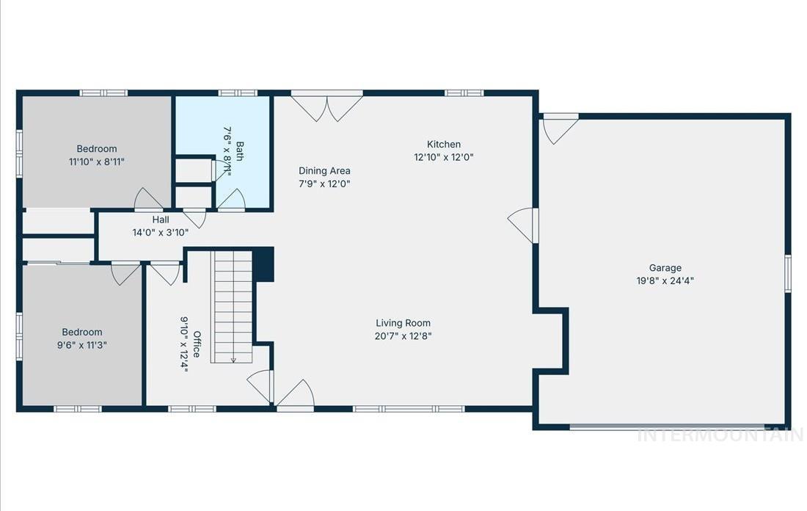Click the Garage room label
tap(665, 268)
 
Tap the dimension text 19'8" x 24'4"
tap(665, 280)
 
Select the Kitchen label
tap(444, 145)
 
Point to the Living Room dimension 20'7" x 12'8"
tap(403, 336)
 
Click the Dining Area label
tap(324, 171)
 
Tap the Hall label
tap(161, 220)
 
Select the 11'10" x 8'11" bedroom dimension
tap(97, 162)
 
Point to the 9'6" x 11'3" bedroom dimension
tap(82, 345)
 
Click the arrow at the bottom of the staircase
tap(233, 358)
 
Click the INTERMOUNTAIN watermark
tap(720, 435)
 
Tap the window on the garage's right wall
tap(787, 274)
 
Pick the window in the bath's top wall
tap(238, 93)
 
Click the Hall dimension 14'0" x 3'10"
tap(161, 232)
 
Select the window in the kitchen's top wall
tap(464, 93)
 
